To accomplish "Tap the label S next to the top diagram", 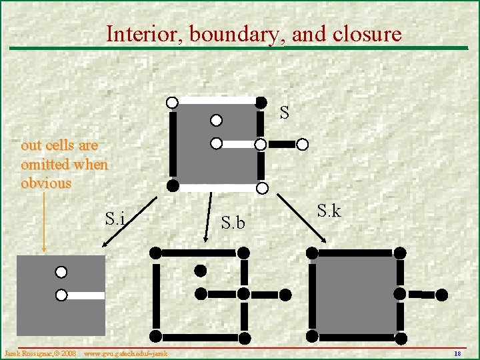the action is (285, 113).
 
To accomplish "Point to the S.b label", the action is (233, 223).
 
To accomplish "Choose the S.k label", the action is (329, 212).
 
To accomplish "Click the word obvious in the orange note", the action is (46, 183).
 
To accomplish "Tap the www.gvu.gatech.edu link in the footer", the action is (125, 352).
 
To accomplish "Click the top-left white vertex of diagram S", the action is (172, 103).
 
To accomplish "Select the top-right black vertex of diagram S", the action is (262, 103).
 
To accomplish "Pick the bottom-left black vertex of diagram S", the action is (172, 185).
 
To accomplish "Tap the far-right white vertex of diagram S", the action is (303, 144).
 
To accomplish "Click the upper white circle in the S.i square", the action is (61, 272).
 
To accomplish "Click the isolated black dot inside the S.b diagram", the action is (200, 270).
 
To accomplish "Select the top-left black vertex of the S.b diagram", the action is (155, 253).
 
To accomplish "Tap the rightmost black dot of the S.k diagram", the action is (441, 294).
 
